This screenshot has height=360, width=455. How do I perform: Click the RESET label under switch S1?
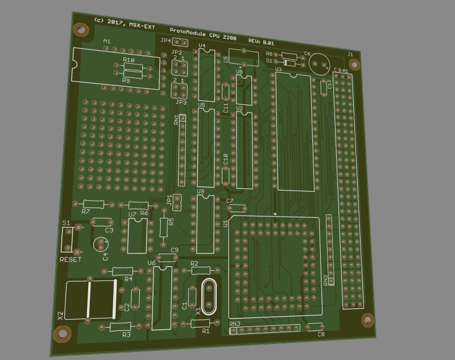tap(71, 259)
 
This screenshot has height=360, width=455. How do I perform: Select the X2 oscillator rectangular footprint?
tap(91, 299)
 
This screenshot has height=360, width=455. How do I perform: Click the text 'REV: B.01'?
tap(261, 42)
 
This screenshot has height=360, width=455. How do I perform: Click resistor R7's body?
tap(92, 204)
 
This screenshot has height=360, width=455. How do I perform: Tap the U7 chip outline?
tap(136, 235)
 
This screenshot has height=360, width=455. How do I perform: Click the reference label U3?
tap(278, 69)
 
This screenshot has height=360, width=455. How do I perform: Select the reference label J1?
tap(350, 54)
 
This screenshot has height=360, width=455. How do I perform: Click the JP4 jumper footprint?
tap(180, 42)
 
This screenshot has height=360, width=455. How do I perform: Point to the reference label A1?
tap(106, 41)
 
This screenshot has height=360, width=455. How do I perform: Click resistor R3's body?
tap(121, 326)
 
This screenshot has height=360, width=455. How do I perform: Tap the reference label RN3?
tap(234, 324)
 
